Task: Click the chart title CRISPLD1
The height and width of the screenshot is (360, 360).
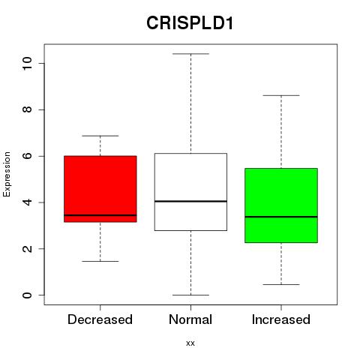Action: pos(190,23)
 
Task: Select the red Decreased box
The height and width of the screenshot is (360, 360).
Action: pos(100,189)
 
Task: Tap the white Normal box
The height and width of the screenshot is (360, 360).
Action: pos(190,192)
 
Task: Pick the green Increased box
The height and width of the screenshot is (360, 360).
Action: pos(281,205)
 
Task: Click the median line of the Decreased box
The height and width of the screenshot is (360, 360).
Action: pos(100,215)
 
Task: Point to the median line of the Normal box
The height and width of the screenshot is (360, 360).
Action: pos(190,201)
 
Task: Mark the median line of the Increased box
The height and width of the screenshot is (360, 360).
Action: pos(281,217)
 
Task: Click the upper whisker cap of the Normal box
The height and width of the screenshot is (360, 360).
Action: pos(190,54)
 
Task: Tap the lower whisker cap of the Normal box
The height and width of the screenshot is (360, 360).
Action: pos(190,295)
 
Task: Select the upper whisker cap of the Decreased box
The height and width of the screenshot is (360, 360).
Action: pos(100,136)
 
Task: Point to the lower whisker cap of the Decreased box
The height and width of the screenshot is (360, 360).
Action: pos(100,261)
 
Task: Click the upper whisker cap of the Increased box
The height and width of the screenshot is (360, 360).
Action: pos(281,95)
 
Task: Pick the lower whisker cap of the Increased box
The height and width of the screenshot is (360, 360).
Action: pos(281,284)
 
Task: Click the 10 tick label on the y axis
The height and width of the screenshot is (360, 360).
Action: pos(27,64)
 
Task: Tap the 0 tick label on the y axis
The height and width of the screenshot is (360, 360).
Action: pos(27,295)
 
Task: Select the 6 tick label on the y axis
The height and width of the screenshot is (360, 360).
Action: pos(27,156)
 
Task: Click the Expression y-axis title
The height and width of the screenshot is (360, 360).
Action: pos(7,174)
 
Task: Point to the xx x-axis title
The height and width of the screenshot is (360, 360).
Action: pos(190,343)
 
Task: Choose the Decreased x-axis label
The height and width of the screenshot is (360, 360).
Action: pos(100,319)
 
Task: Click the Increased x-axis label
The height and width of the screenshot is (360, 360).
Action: pos(281,319)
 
